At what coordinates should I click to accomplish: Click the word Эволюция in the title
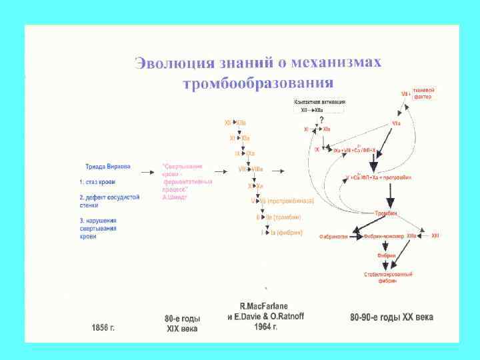click(x=173, y=63)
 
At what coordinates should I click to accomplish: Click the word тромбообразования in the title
click(x=258, y=83)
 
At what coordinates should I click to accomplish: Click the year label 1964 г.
click(x=265, y=327)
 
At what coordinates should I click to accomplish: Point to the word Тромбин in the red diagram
click(x=385, y=212)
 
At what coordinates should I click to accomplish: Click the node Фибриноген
click(x=334, y=236)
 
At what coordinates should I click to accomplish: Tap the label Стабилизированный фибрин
click(x=388, y=277)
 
